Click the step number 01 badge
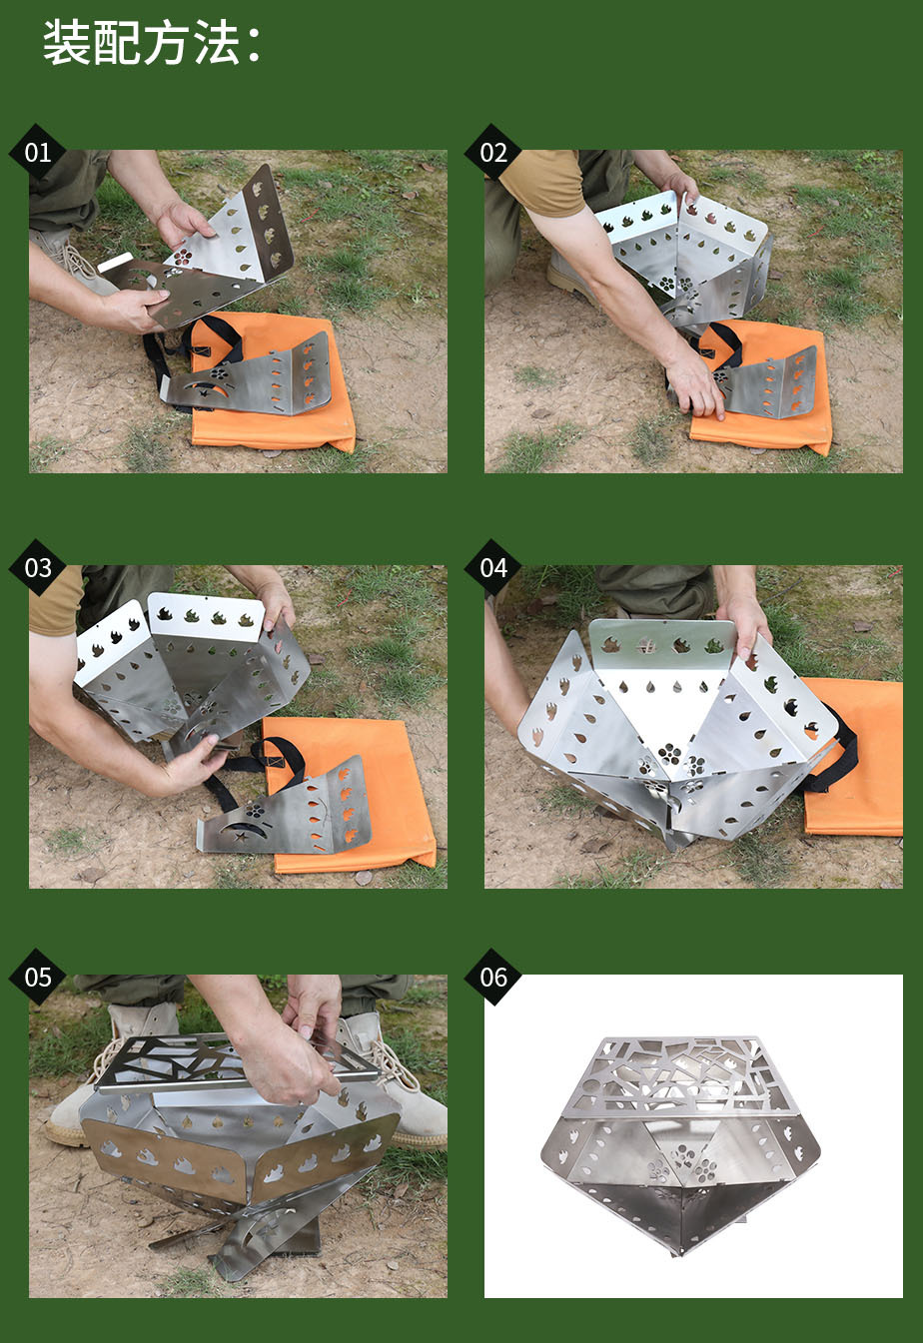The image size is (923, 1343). (37, 153)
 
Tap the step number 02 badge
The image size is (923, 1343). (493, 153)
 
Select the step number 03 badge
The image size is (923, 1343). (37, 567)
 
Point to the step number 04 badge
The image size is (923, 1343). (493, 567)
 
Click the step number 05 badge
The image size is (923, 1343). (37, 978)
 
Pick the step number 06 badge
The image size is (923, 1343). (493, 978)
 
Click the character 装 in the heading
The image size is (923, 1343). (67, 42)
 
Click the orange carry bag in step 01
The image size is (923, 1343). (273, 383)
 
